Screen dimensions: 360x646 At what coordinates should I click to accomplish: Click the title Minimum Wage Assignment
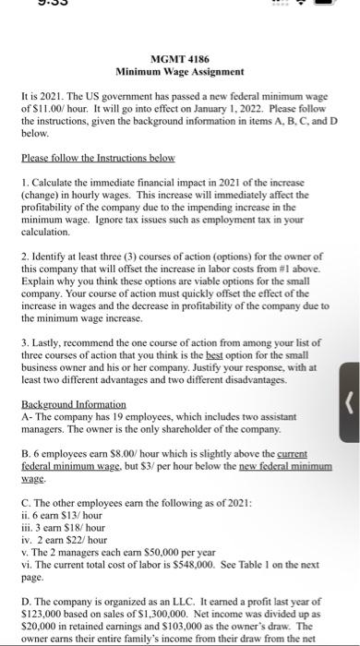tap(179, 70)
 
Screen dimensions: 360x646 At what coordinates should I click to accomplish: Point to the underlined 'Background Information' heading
tap(73, 405)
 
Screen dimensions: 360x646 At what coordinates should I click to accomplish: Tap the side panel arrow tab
tap(349, 401)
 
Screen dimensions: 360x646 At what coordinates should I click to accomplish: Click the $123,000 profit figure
tap(43, 609)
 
